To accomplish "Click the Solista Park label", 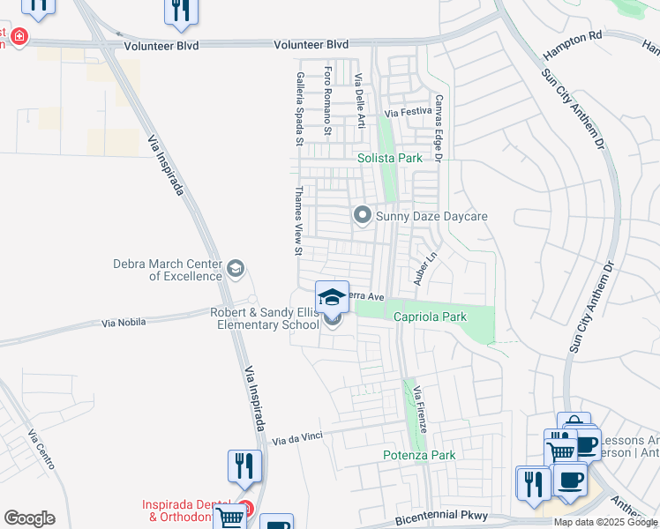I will pyautogui.click(x=389, y=158).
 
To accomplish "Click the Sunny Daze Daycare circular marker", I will pyautogui.click(x=362, y=214).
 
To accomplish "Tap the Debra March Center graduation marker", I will pyautogui.click(x=235, y=267).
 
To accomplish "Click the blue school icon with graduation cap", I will pyautogui.click(x=332, y=297).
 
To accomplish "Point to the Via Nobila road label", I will pyautogui.click(x=129, y=324).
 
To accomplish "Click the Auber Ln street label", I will pyautogui.click(x=425, y=270).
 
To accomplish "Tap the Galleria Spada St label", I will pyautogui.click(x=300, y=109).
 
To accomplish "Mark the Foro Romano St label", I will pyautogui.click(x=327, y=101).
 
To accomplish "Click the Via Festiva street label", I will pyautogui.click(x=409, y=113).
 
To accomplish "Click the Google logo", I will pyautogui.click(x=29, y=518).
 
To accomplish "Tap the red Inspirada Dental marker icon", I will pyautogui.click(x=245, y=509).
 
